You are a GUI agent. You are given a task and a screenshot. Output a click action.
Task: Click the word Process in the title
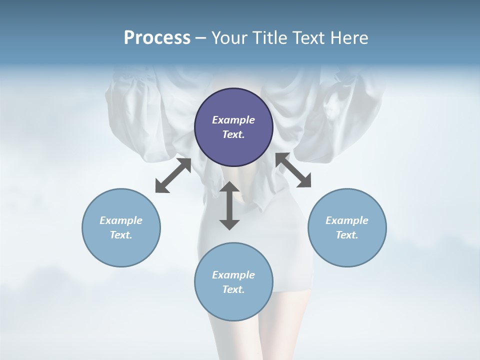point(157,38)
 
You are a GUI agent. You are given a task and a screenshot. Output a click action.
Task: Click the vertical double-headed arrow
point(229,205)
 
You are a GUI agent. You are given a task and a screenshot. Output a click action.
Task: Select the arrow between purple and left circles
point(173,175)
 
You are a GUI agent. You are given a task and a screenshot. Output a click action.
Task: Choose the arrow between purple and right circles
point(293,170)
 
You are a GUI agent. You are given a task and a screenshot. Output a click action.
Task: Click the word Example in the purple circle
point(233,120)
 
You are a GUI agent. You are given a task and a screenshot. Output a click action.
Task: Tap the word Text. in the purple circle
point(233,134)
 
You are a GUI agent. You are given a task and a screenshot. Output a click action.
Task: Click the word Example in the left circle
point(121,220)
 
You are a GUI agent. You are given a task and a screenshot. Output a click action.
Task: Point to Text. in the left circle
point(121,235)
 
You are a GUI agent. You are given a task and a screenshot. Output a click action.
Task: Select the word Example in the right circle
point(347,220)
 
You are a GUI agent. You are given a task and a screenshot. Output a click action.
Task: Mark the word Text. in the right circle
point(347,235)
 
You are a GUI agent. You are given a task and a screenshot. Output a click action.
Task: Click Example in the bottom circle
point(233,275)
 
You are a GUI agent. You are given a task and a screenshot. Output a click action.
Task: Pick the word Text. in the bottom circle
point(233,289)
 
